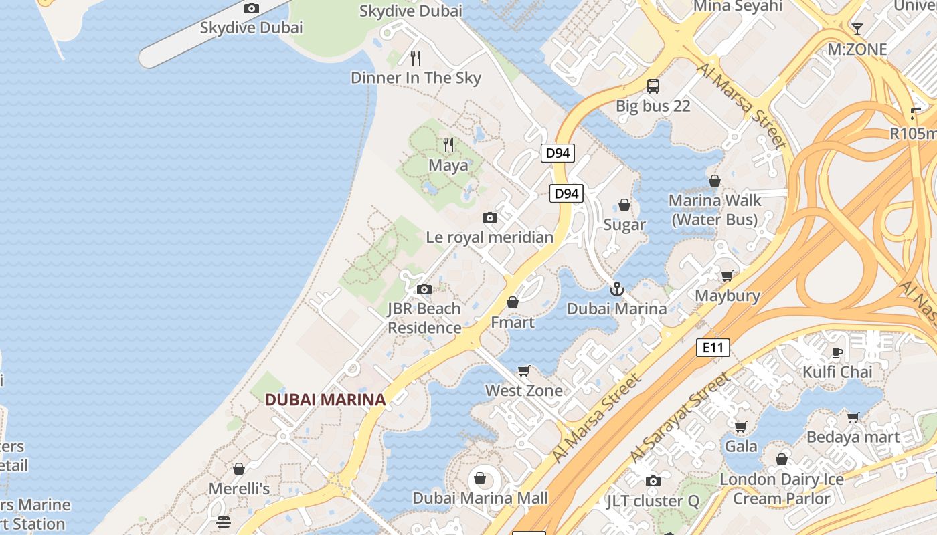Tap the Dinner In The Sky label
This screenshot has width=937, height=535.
416,78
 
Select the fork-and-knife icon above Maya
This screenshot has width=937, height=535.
448,144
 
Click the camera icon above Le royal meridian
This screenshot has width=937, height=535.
490,217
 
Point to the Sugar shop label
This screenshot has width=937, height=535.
624,225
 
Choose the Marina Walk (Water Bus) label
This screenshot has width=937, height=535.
715,210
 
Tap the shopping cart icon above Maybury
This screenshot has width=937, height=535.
727,276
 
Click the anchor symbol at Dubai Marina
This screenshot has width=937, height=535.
617,289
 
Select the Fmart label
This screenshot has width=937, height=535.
513,322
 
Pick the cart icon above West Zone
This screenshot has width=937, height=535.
524,370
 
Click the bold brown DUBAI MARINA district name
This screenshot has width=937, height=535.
325,400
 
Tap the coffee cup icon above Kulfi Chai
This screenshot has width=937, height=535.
837,352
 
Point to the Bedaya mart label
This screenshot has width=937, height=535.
853,437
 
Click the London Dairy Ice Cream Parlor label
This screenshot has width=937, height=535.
782,489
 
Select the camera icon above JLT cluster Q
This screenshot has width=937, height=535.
653,481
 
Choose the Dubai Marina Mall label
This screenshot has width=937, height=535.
480,498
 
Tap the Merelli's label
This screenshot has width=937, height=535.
239,489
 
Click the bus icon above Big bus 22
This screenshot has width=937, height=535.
653,86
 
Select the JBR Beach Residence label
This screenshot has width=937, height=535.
424,318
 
